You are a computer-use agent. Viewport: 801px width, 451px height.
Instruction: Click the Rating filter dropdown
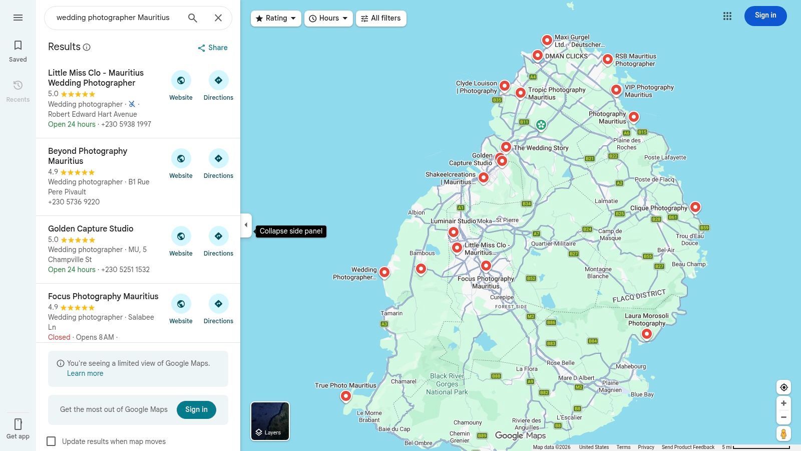tap(276, 19)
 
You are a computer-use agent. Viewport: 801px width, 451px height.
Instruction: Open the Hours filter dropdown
tap(328, 19)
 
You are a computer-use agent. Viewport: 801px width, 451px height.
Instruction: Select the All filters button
tap(381, 19)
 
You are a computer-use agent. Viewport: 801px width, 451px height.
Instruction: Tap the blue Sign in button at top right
tap(765, 16)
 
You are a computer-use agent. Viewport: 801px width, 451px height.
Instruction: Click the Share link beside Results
tap(213, 48)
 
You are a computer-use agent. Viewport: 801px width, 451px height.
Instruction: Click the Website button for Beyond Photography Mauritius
tap(181, 159)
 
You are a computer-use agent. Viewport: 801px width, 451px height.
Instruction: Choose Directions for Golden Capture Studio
tap(218, 237)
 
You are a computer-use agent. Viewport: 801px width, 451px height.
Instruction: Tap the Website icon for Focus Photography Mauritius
tap(181, 304)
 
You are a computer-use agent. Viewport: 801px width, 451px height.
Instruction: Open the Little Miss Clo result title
tap(96, 78)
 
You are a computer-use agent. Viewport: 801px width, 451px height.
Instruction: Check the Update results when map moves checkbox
tap(51, 441)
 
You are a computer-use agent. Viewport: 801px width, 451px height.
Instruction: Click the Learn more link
tap(85, 373)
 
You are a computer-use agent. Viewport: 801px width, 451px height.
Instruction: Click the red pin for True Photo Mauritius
tap(345, 396)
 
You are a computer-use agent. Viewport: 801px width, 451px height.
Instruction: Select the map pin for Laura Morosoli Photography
tap(647, 334)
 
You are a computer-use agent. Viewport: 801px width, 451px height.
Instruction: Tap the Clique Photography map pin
tap(695, 206)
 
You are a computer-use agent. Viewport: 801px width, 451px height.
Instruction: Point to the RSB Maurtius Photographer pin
tap(607, 59)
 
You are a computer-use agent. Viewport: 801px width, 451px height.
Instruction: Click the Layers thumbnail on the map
tap(270, 421)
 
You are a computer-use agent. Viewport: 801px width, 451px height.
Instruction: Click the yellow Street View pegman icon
tap(783, 433)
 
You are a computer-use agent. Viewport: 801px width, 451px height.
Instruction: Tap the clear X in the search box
tap(218, 18)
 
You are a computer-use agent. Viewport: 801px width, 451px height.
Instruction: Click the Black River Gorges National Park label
tap(447, 384)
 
